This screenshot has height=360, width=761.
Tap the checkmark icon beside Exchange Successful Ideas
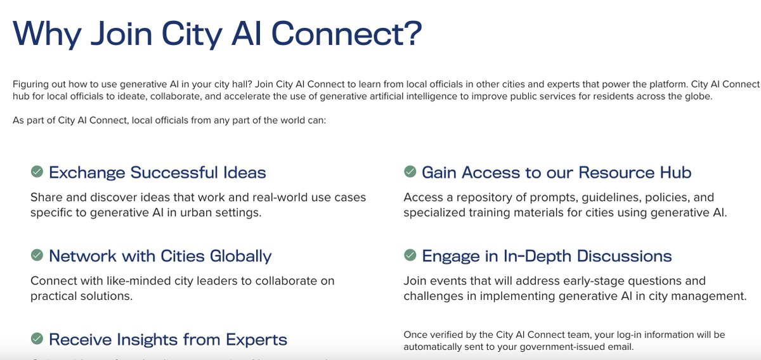point(37,172)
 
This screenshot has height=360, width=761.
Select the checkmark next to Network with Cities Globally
point(37,255)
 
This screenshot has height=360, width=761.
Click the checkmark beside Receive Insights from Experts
point(37,339)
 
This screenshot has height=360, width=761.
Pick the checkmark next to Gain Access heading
point(410,172)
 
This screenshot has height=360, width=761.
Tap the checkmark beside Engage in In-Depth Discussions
point(410,255)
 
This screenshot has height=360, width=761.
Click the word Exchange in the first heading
point(87,172)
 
